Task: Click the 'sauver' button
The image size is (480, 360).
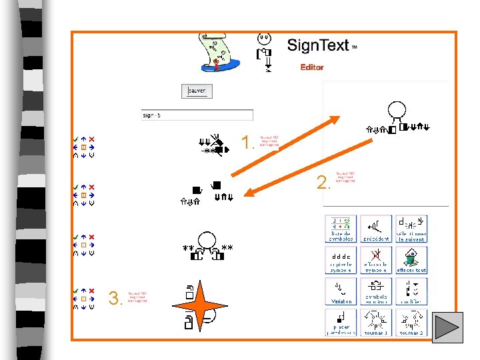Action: coord(197,91)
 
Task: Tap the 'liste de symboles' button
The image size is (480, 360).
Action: coord(341,229)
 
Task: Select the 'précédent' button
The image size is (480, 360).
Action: coord(376,229)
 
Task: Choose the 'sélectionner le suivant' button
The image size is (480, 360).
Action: coord(411,229)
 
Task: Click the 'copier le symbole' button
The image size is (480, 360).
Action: coord(341,260)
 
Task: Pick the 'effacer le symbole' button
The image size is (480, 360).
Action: coord(376,260)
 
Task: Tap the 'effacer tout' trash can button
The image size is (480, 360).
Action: coord(411,260)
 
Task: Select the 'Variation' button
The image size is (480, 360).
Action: coord(341,291)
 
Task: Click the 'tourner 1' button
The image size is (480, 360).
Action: coord(376,322)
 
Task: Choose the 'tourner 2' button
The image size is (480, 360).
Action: coord(411,322)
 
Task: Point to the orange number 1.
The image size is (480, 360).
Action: coord(247,143)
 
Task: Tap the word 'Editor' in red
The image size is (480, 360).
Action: coord(312,67)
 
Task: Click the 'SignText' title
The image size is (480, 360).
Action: coord(318,46)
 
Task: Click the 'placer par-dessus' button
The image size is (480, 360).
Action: coord(341,322)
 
